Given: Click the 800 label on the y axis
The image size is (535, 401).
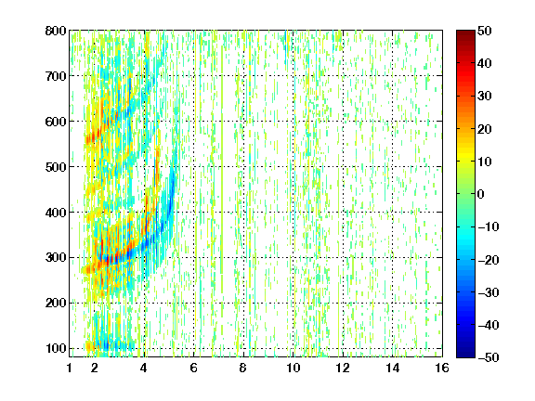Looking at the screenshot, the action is click(56, 31).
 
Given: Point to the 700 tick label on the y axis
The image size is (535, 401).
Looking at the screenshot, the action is click(56, 76).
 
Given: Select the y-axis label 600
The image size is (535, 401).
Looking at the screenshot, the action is click(56, 122).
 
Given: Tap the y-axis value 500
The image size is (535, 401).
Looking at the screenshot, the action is click(56, 167).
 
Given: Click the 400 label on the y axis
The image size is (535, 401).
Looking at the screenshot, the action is click(56, 213).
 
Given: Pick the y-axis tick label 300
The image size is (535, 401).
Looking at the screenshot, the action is click(56, 257).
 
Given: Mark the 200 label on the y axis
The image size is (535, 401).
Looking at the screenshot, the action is click(56, 303).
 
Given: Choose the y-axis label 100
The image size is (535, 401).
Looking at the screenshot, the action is click(56, 348).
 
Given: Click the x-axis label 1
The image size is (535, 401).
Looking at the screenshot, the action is click(70, 368).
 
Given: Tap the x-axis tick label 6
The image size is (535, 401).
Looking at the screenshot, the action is click(194, 368).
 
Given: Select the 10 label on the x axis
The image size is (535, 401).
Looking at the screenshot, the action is click(294, 368).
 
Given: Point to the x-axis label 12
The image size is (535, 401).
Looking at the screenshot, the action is click(343, 368).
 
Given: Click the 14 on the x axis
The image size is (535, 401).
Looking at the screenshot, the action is click(392, 368).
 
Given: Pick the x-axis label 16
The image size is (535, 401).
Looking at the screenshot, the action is click(442, 368).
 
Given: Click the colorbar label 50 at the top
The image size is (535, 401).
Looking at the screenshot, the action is click(485, 31).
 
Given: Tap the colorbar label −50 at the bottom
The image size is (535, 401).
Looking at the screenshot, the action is click(489, 357).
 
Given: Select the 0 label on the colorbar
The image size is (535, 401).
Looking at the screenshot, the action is click(481, 194).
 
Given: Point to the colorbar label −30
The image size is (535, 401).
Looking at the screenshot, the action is click(489, 292).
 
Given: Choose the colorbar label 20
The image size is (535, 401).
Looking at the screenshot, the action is click(485, 129).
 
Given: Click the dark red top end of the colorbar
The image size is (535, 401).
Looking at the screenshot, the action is click(465, 32).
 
